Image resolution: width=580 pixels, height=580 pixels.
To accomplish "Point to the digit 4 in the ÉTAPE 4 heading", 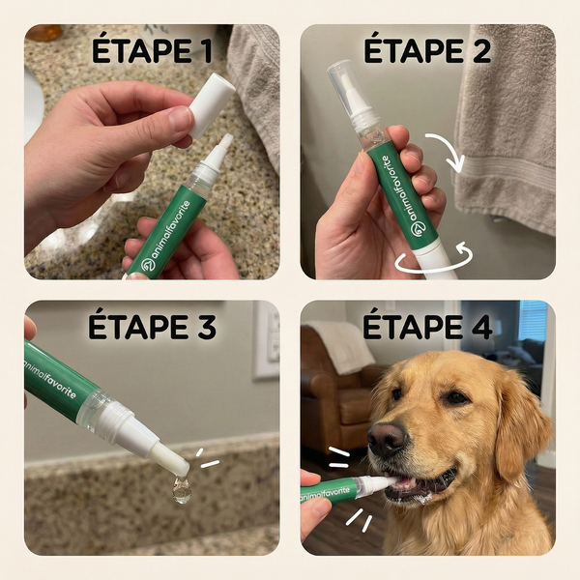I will pos(478,327).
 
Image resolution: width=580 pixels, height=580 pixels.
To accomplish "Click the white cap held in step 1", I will pos(212,102).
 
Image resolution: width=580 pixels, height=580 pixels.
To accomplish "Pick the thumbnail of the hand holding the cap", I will pos(181,120).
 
